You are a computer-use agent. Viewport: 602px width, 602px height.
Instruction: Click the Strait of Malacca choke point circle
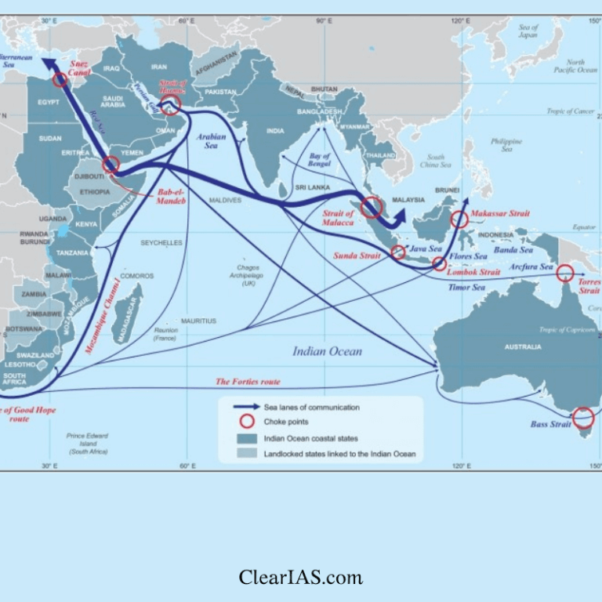coord(372,207)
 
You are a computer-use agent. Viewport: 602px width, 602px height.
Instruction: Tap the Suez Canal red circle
coord(60,79)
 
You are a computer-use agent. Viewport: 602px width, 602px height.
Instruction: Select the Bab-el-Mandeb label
coord(172,196)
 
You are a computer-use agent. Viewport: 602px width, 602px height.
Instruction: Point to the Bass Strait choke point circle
coord(583,418)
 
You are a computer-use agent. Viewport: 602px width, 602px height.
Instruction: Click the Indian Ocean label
coord(328,351)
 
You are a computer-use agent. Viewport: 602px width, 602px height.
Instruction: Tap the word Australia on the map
coord(523,346)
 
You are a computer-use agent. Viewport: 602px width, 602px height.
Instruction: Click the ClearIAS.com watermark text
coord(301,578)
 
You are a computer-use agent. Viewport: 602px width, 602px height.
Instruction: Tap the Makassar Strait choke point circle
coord(460,219)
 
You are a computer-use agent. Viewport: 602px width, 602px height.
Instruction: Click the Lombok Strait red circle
coord(440,264)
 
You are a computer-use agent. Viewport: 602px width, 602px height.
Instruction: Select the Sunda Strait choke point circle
coord(398,252)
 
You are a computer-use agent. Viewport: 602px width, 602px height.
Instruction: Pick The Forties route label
coord(248,382)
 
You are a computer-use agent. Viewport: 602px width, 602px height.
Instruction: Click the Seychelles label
coord(161,243)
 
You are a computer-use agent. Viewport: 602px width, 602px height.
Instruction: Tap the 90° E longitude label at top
coord(324,21)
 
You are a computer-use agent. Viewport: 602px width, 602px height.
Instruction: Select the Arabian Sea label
coord(211,141)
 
